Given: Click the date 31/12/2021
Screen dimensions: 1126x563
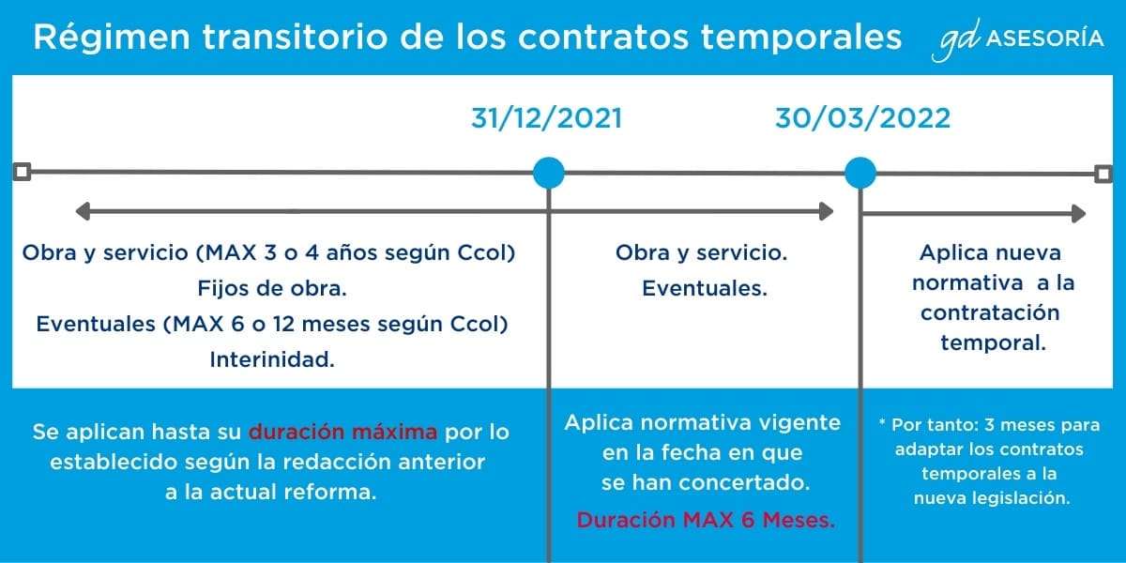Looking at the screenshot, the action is click(x=546, y=118).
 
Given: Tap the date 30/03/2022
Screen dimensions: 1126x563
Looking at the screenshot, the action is click(x=862, y=118).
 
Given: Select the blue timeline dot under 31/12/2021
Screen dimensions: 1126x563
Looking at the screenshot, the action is click(x=548, y=173).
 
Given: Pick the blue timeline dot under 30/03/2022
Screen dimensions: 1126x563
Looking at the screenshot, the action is click(x=860, y=173).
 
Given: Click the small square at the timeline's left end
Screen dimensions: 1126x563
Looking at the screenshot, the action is click(x=22, y=172).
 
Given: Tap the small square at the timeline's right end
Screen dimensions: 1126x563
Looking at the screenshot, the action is click(x=1103, y=175).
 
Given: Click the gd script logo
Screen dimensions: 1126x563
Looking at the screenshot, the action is click(x=955, y=40).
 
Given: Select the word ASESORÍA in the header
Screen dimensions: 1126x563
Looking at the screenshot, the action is click(x=1044, y=38).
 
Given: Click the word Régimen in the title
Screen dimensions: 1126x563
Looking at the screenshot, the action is click(x=112, y=38).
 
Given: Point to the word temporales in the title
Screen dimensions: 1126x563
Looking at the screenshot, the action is click(x=801, y=38).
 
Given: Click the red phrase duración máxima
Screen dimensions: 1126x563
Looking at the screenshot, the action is click(x=342, y=432).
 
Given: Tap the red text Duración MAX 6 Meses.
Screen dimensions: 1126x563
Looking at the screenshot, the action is click(x=706, y=520).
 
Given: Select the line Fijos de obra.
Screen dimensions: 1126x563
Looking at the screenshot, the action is click(x=272, y=289).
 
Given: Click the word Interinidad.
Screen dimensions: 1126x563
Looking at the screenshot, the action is click(x=272, y=360).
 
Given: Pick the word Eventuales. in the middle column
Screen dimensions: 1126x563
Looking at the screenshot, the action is click(x=705, y=289).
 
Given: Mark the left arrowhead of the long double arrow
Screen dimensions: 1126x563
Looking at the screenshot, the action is click(x=83, y=211).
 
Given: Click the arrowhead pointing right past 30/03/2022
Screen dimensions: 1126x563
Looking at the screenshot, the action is click(x=1079, y=214).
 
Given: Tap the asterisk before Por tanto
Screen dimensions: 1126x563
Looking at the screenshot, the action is click(x=882, y=422).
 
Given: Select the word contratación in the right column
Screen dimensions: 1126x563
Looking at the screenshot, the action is click(x=990, y=313).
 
